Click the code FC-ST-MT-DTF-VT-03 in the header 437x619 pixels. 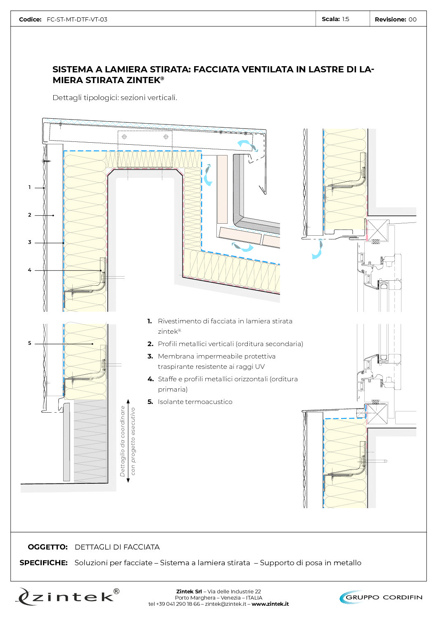pos(77,19)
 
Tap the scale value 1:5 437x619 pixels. pos(345,19)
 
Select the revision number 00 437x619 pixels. pos(412,19)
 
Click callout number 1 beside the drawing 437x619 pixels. pos(29,187)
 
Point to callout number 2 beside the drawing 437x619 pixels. pos(29,215)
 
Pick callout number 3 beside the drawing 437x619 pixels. pos(29,242)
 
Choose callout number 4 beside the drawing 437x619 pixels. pos(29,270)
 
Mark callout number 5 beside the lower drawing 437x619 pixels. pos(29,343)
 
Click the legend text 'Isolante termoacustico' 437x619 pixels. pos(195,402)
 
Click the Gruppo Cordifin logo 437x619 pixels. pos(380,597)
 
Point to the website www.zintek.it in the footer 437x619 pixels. pos(270,604)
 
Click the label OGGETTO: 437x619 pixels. pos(47,547)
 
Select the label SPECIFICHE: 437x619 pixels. pos(43,563)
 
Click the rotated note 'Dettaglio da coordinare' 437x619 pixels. pos(123,441)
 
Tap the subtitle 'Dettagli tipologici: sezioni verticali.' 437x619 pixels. pos(115,98)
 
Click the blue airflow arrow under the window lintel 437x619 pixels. pos(317,250)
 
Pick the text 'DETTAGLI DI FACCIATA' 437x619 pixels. pos(117,547)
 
